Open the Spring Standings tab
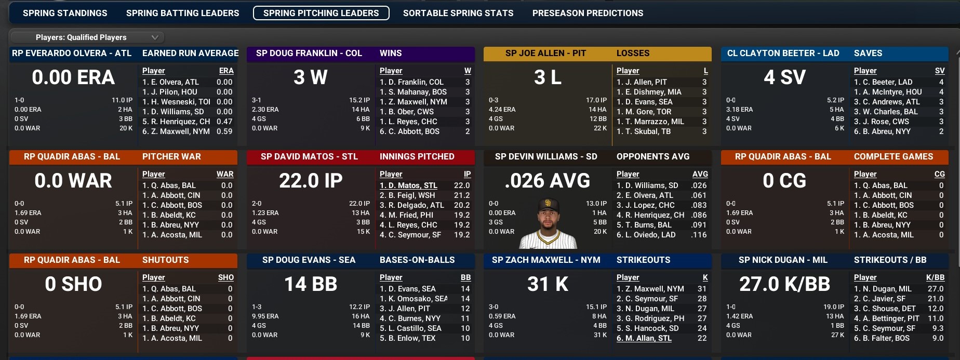[x=65, y=13]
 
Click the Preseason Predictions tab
[x=588, y=13]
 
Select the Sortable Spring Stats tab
[x=458, y=13]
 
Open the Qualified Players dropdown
[x=87, y=37]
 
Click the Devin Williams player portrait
[x=548, y=223]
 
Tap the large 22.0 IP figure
[x=311, y=181]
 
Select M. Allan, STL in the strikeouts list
[x=644, y=338]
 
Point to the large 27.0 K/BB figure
[x=784, y=284]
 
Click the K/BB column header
[x=935, y=277]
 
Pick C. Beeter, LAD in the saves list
[x=883, y=82]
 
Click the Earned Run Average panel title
[x=190, y=53]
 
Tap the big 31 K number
[x=548, y=284]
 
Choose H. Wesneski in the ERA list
[x=177, y=102]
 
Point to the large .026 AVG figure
[x=548, y=181]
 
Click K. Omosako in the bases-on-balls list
[x=414, y=299]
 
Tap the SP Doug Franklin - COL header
[x=309, y=53]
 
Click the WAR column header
[x=225, y=174]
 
